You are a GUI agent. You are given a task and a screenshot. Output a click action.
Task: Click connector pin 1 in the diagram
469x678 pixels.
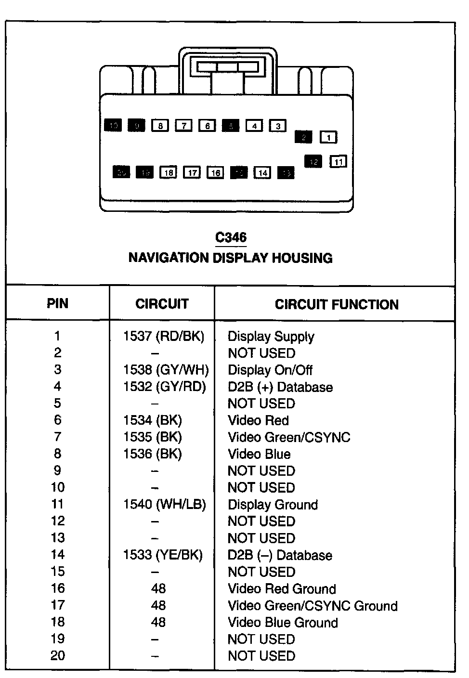329,138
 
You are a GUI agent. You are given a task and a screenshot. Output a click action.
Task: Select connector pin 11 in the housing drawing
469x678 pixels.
338,162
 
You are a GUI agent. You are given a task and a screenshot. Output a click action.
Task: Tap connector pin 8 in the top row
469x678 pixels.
160,126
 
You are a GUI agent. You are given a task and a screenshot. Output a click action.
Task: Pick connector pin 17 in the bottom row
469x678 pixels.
192,172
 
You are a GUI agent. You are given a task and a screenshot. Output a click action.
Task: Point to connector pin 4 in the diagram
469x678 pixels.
254,126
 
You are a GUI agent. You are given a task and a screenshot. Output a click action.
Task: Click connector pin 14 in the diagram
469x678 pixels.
262,172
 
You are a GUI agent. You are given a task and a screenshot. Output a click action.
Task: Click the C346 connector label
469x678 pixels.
231,237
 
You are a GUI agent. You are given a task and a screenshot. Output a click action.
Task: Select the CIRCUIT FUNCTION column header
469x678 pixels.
337,304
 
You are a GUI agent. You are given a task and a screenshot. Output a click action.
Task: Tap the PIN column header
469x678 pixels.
57,304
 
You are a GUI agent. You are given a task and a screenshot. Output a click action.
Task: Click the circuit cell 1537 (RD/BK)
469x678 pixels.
164,336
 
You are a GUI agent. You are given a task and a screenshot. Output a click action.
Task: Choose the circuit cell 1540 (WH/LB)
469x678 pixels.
165,504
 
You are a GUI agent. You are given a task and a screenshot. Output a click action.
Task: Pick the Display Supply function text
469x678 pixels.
271,336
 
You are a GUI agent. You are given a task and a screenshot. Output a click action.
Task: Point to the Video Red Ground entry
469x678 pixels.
282,588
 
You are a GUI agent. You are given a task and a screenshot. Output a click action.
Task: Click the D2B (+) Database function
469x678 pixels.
280,387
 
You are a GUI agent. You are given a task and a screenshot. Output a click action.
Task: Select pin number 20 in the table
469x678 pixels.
57,656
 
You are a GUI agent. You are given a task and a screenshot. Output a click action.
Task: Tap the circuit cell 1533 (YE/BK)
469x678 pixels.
163,555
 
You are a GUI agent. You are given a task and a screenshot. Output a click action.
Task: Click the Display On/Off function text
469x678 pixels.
270,370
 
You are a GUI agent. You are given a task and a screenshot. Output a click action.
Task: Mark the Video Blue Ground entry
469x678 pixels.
283,622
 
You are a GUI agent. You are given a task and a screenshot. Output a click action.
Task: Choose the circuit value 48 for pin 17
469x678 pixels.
158,605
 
